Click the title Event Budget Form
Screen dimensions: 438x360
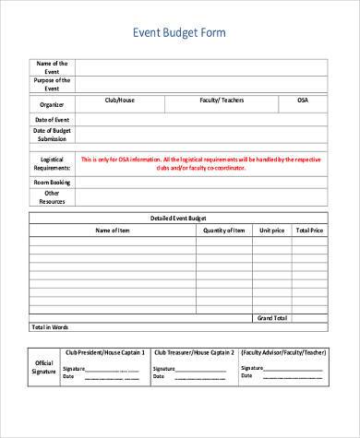pos(180,33)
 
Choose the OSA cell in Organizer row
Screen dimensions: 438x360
pos(303,100)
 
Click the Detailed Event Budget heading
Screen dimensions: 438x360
pos(179,218)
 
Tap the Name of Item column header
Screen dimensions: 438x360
pos(113,230)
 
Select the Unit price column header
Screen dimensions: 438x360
pos(271,230)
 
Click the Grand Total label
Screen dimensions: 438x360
pos(271,318)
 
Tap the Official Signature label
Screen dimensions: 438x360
pos(43,367)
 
